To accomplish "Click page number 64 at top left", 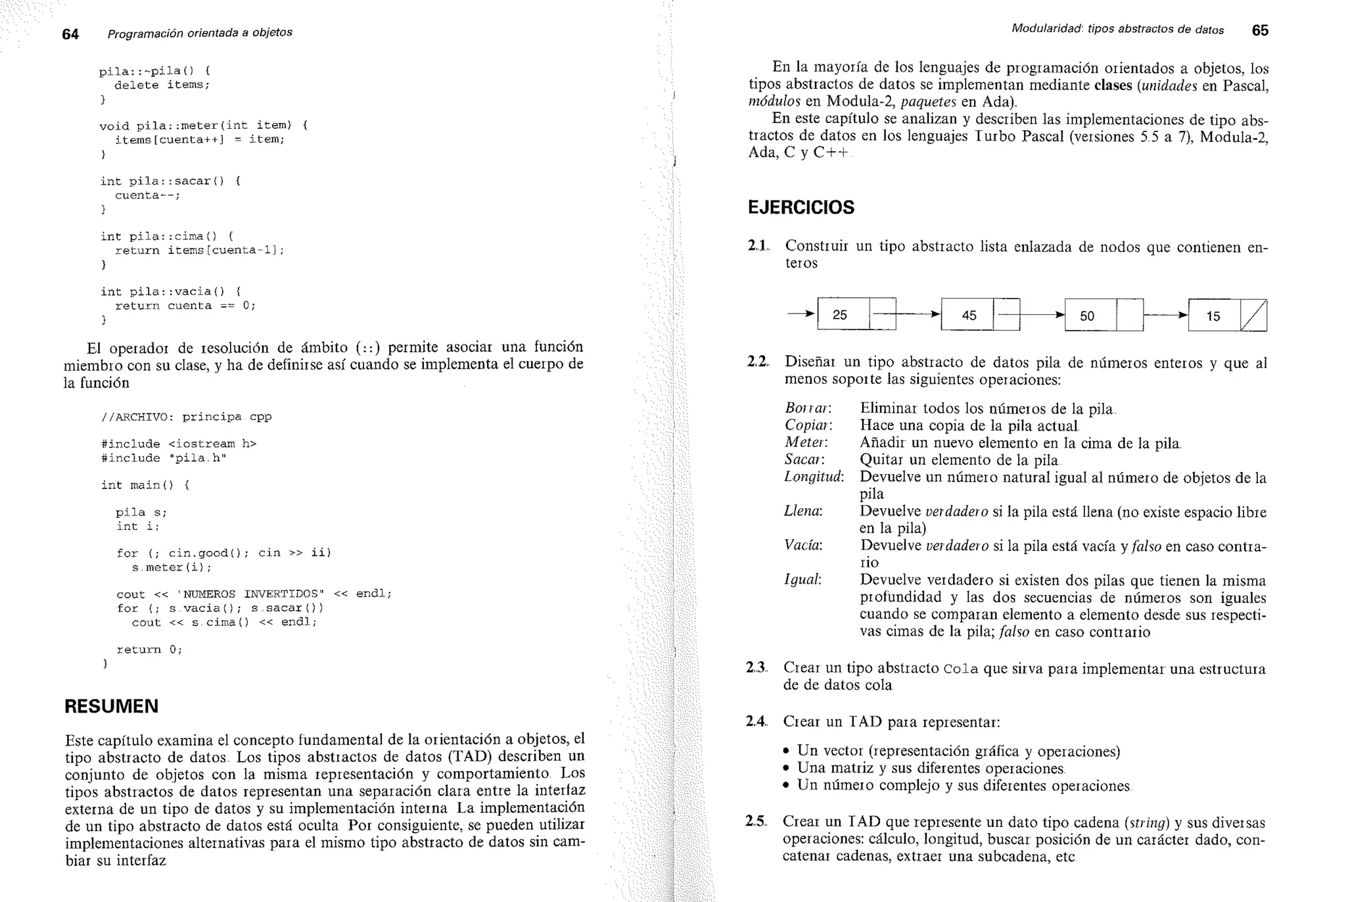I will pos(70,34).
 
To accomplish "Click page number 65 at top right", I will pos(1260,30).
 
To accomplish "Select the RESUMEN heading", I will pos(111,706).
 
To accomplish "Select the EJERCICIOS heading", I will pos(801,207).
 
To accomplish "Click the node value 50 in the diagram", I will pos(1087,316).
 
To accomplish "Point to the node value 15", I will pos(1213,316).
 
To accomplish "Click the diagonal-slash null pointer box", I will pos(1253,316).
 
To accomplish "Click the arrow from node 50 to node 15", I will pos(1166,315).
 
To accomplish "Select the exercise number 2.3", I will pos(756,668).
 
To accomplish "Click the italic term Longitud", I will pos(814,477).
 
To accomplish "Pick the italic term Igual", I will pos(802,580).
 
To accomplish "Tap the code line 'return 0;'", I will pos(149,650).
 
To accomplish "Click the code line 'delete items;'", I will pos(162,85).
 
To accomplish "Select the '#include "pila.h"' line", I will pos(164,458).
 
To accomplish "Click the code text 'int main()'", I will pos(137,485).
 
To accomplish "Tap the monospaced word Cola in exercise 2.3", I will pos(960,669).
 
